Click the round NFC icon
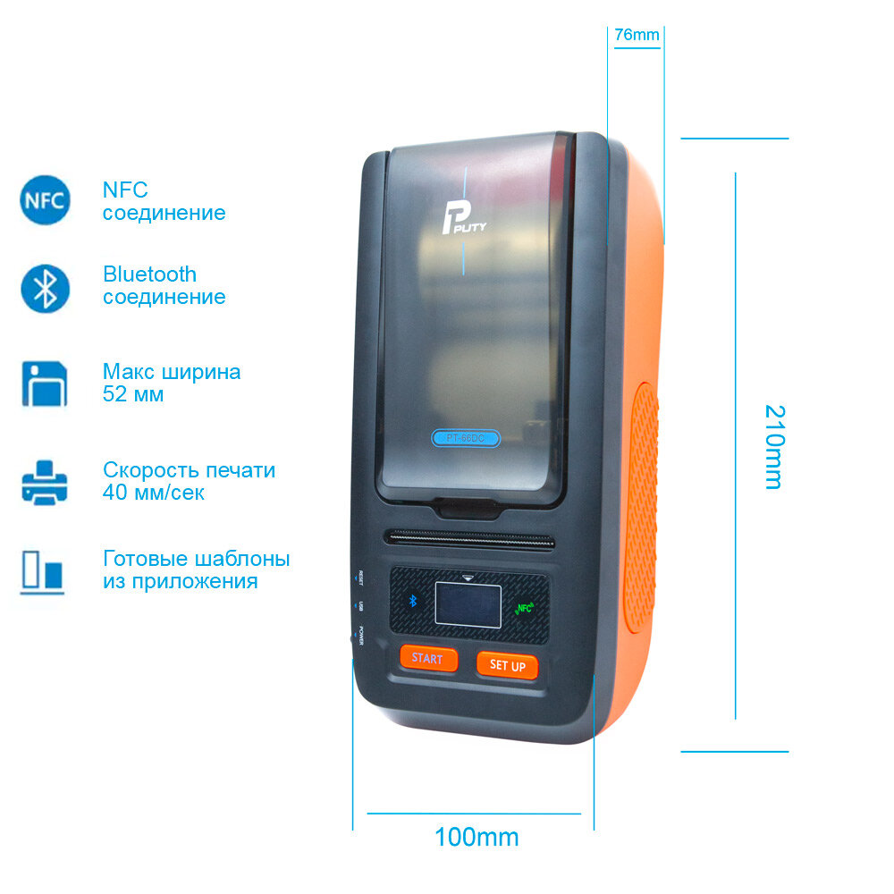point(44,200)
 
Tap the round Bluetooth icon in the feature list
point(45,287)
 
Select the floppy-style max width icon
point(45,384)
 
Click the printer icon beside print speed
point(45,482)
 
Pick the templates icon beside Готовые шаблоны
point(43,571)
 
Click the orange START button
point(427,659)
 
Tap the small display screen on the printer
point(468,603)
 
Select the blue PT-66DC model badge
point(465,438)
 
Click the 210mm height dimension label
point(774,447)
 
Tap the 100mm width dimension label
point(477,838)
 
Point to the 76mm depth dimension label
point(637,36)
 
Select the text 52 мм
point(133,394)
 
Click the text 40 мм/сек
point(153,493)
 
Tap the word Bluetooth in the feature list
point(149,274)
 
